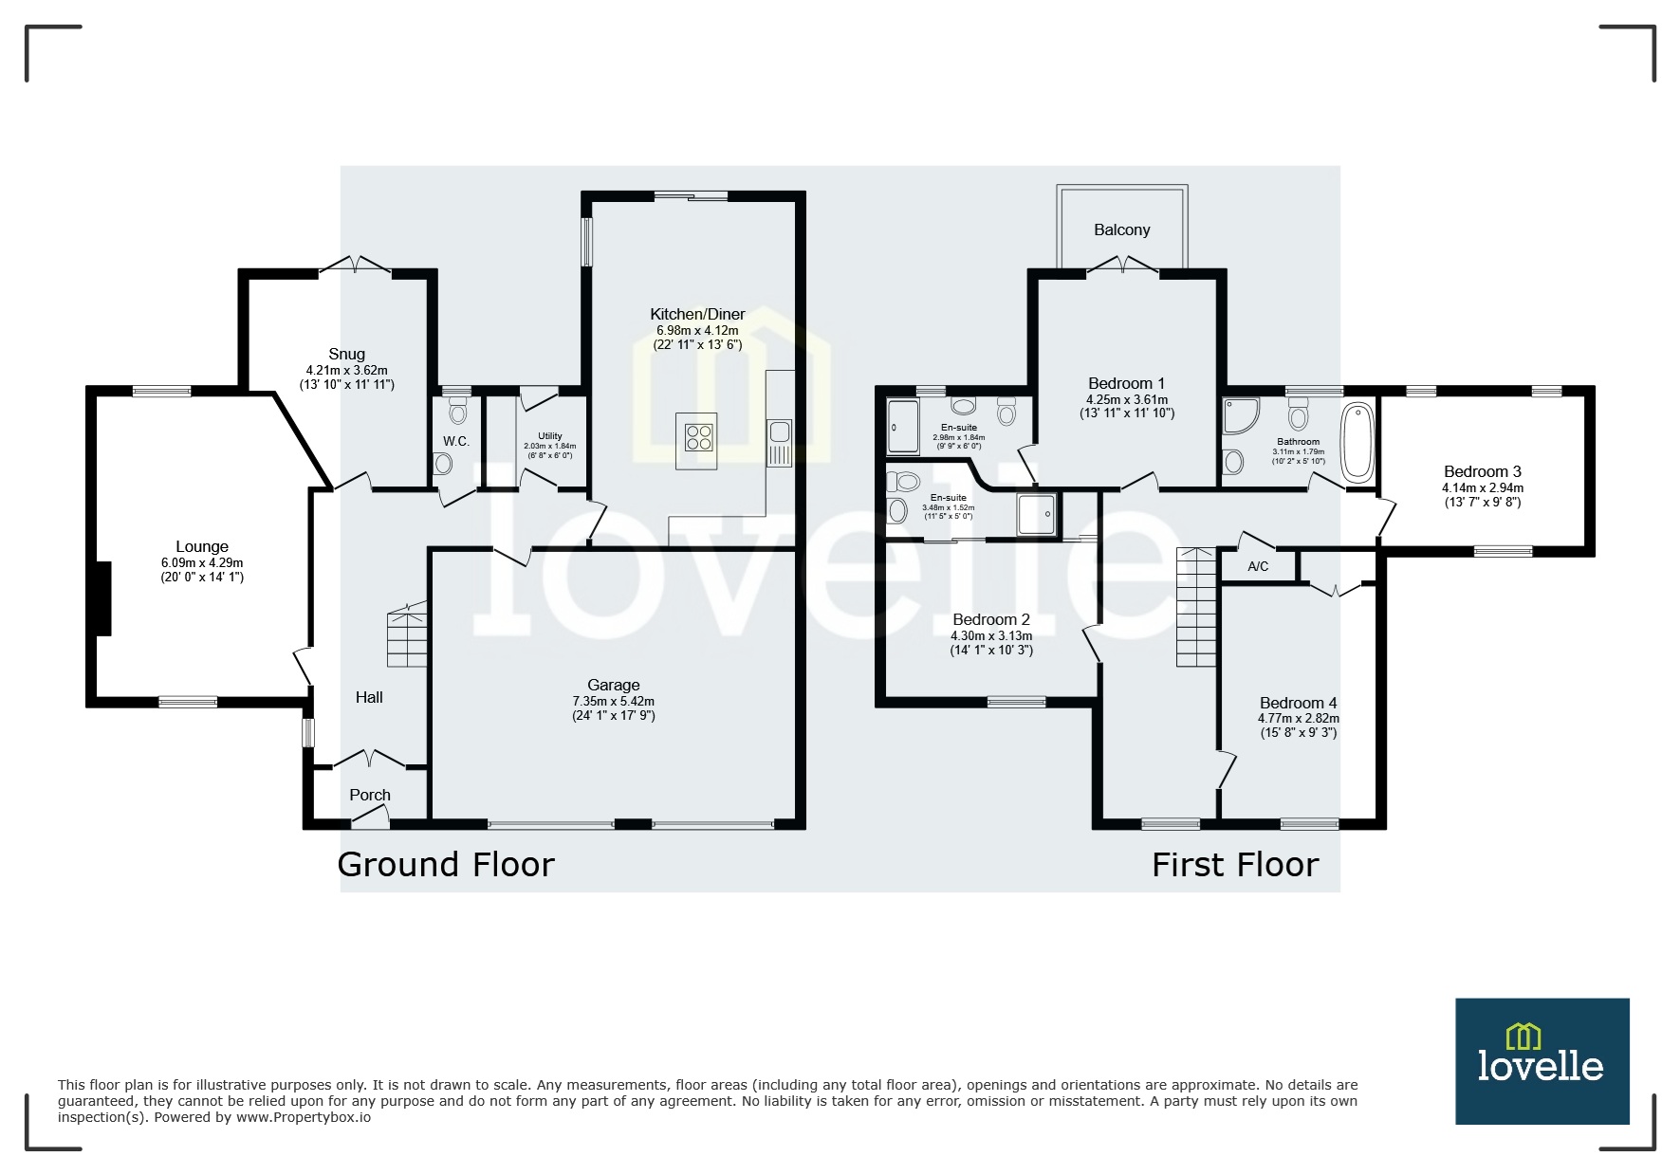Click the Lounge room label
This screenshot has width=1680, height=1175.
click(x=202, y=546)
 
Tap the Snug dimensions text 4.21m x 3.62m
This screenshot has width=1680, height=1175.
click(x=346, y=370)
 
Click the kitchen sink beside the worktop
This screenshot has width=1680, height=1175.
click(x=780, y=432)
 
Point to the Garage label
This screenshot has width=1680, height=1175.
click(x=613, y=685)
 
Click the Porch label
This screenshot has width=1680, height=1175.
click(x=369, y=795)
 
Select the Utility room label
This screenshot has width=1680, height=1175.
click(x=550, y=436)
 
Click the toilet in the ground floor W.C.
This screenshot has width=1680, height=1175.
click(x=458, y=411)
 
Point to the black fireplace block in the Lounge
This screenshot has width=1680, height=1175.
click(x=101, y=598)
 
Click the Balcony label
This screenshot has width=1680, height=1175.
click(x=1121, y=229)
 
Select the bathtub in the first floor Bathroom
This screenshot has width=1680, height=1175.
click(x=1356, y=441)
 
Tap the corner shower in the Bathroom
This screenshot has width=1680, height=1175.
click(x=1241, y=414)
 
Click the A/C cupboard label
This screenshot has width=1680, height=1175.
click(x=1258, y=566)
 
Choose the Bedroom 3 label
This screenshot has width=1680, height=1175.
click(x=1482, y=471)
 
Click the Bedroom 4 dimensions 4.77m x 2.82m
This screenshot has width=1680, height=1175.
click(x=1298, y=719)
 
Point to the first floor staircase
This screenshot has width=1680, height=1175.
click(x=1196, y=607)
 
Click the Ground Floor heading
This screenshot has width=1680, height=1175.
click(x=446, y=864)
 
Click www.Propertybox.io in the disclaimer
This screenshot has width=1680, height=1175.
click(x=304, y=1117)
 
